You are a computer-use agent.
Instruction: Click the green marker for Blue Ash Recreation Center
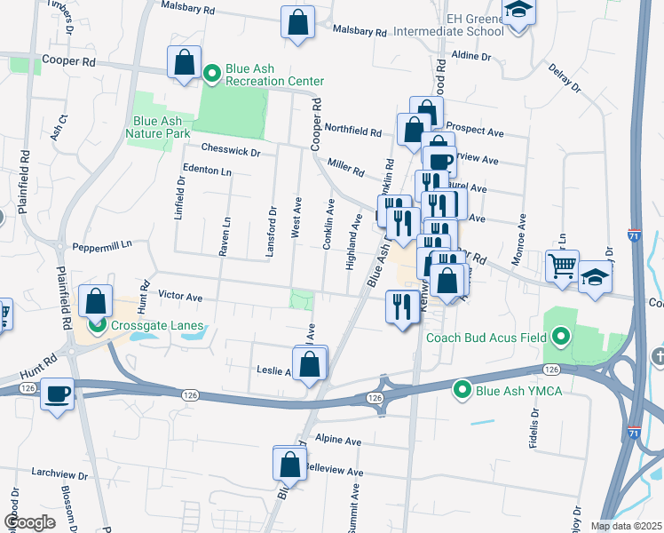pyautogui.click(x=212, y=73)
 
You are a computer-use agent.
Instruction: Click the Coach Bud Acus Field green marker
pyautogui.click(x=560, y=337)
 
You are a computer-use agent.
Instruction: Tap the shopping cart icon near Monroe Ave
pyautogui.click(x=563, y=266)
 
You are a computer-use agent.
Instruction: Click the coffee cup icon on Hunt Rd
pyautogui.click(x=59, y=393)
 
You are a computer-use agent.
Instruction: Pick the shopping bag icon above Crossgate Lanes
pyautogui.click(x=95, y=300)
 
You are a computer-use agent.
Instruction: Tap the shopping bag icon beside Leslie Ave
pyautogui.click(x=309, y=363)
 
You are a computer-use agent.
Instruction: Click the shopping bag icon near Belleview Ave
pyautogui.click(x=290, y=463)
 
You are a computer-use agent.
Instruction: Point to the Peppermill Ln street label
pyautogui.click(x=102, y=244)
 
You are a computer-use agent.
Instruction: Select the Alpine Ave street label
pyautogui.click(x=340, y=441)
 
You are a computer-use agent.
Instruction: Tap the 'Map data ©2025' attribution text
pyautogui.click(x=626, y=526)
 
